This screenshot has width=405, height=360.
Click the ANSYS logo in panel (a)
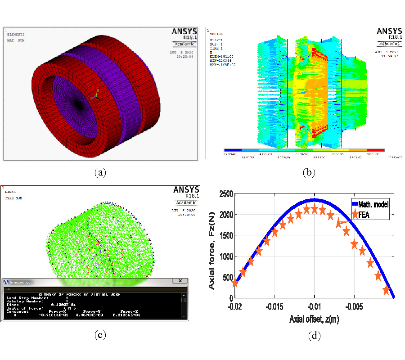pos(184,31)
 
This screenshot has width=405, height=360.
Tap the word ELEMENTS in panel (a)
pos(16,34)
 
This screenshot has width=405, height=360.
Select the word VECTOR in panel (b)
pos(217,34)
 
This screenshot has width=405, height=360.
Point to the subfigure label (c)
pos(100,335)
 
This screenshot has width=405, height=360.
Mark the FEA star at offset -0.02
pos(234,283)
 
